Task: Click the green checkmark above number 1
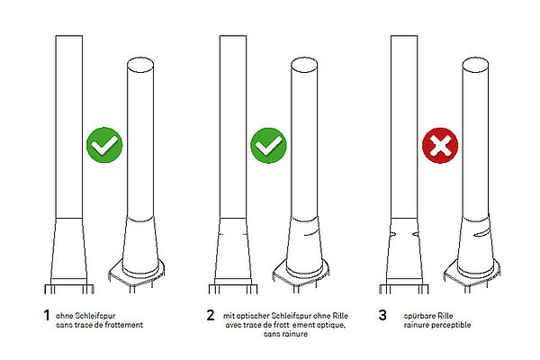104,145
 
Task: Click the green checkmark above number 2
268,146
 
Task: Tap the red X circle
440,146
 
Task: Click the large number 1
47,315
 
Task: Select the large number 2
211,315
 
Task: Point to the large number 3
382,315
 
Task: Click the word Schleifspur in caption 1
94,316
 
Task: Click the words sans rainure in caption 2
285,334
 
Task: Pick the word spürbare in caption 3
418,316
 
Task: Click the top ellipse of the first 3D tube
140,65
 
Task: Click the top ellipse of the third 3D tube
475,65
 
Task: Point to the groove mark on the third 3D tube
481,233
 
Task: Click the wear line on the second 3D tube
311,233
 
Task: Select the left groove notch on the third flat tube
391,234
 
